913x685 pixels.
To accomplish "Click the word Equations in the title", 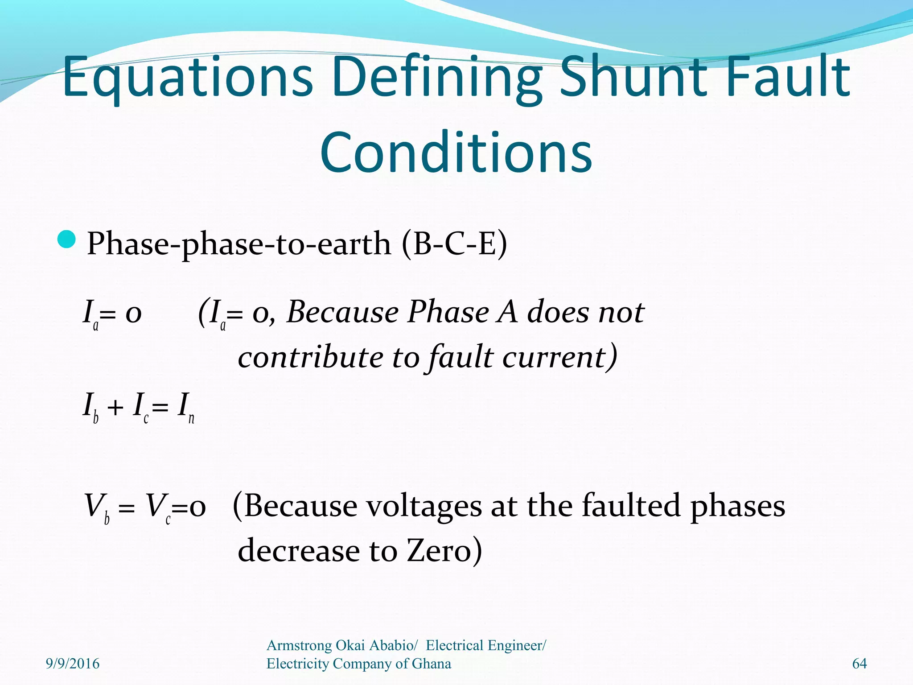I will pos(187,77).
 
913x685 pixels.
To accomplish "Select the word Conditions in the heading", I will pos(456,153).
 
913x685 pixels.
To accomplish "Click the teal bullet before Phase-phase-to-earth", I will pos(67,240).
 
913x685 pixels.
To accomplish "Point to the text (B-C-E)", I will pos(454,244).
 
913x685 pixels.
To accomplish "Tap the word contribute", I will pos(310,357).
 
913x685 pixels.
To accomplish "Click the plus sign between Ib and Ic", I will pos(115,407).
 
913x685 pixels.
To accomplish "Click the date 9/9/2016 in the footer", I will pos(73,664).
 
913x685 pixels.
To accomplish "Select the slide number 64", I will pos(859,664).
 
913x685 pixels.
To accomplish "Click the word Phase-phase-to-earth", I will pos(239,244).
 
